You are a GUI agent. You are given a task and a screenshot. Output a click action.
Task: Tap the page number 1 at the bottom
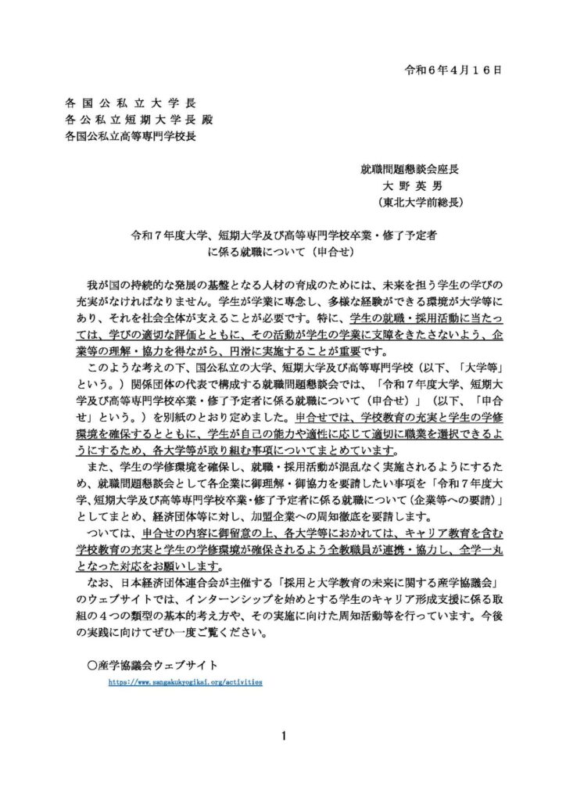(x=283, y=735)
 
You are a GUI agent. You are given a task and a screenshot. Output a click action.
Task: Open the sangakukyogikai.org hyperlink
(x=185, y=682)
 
